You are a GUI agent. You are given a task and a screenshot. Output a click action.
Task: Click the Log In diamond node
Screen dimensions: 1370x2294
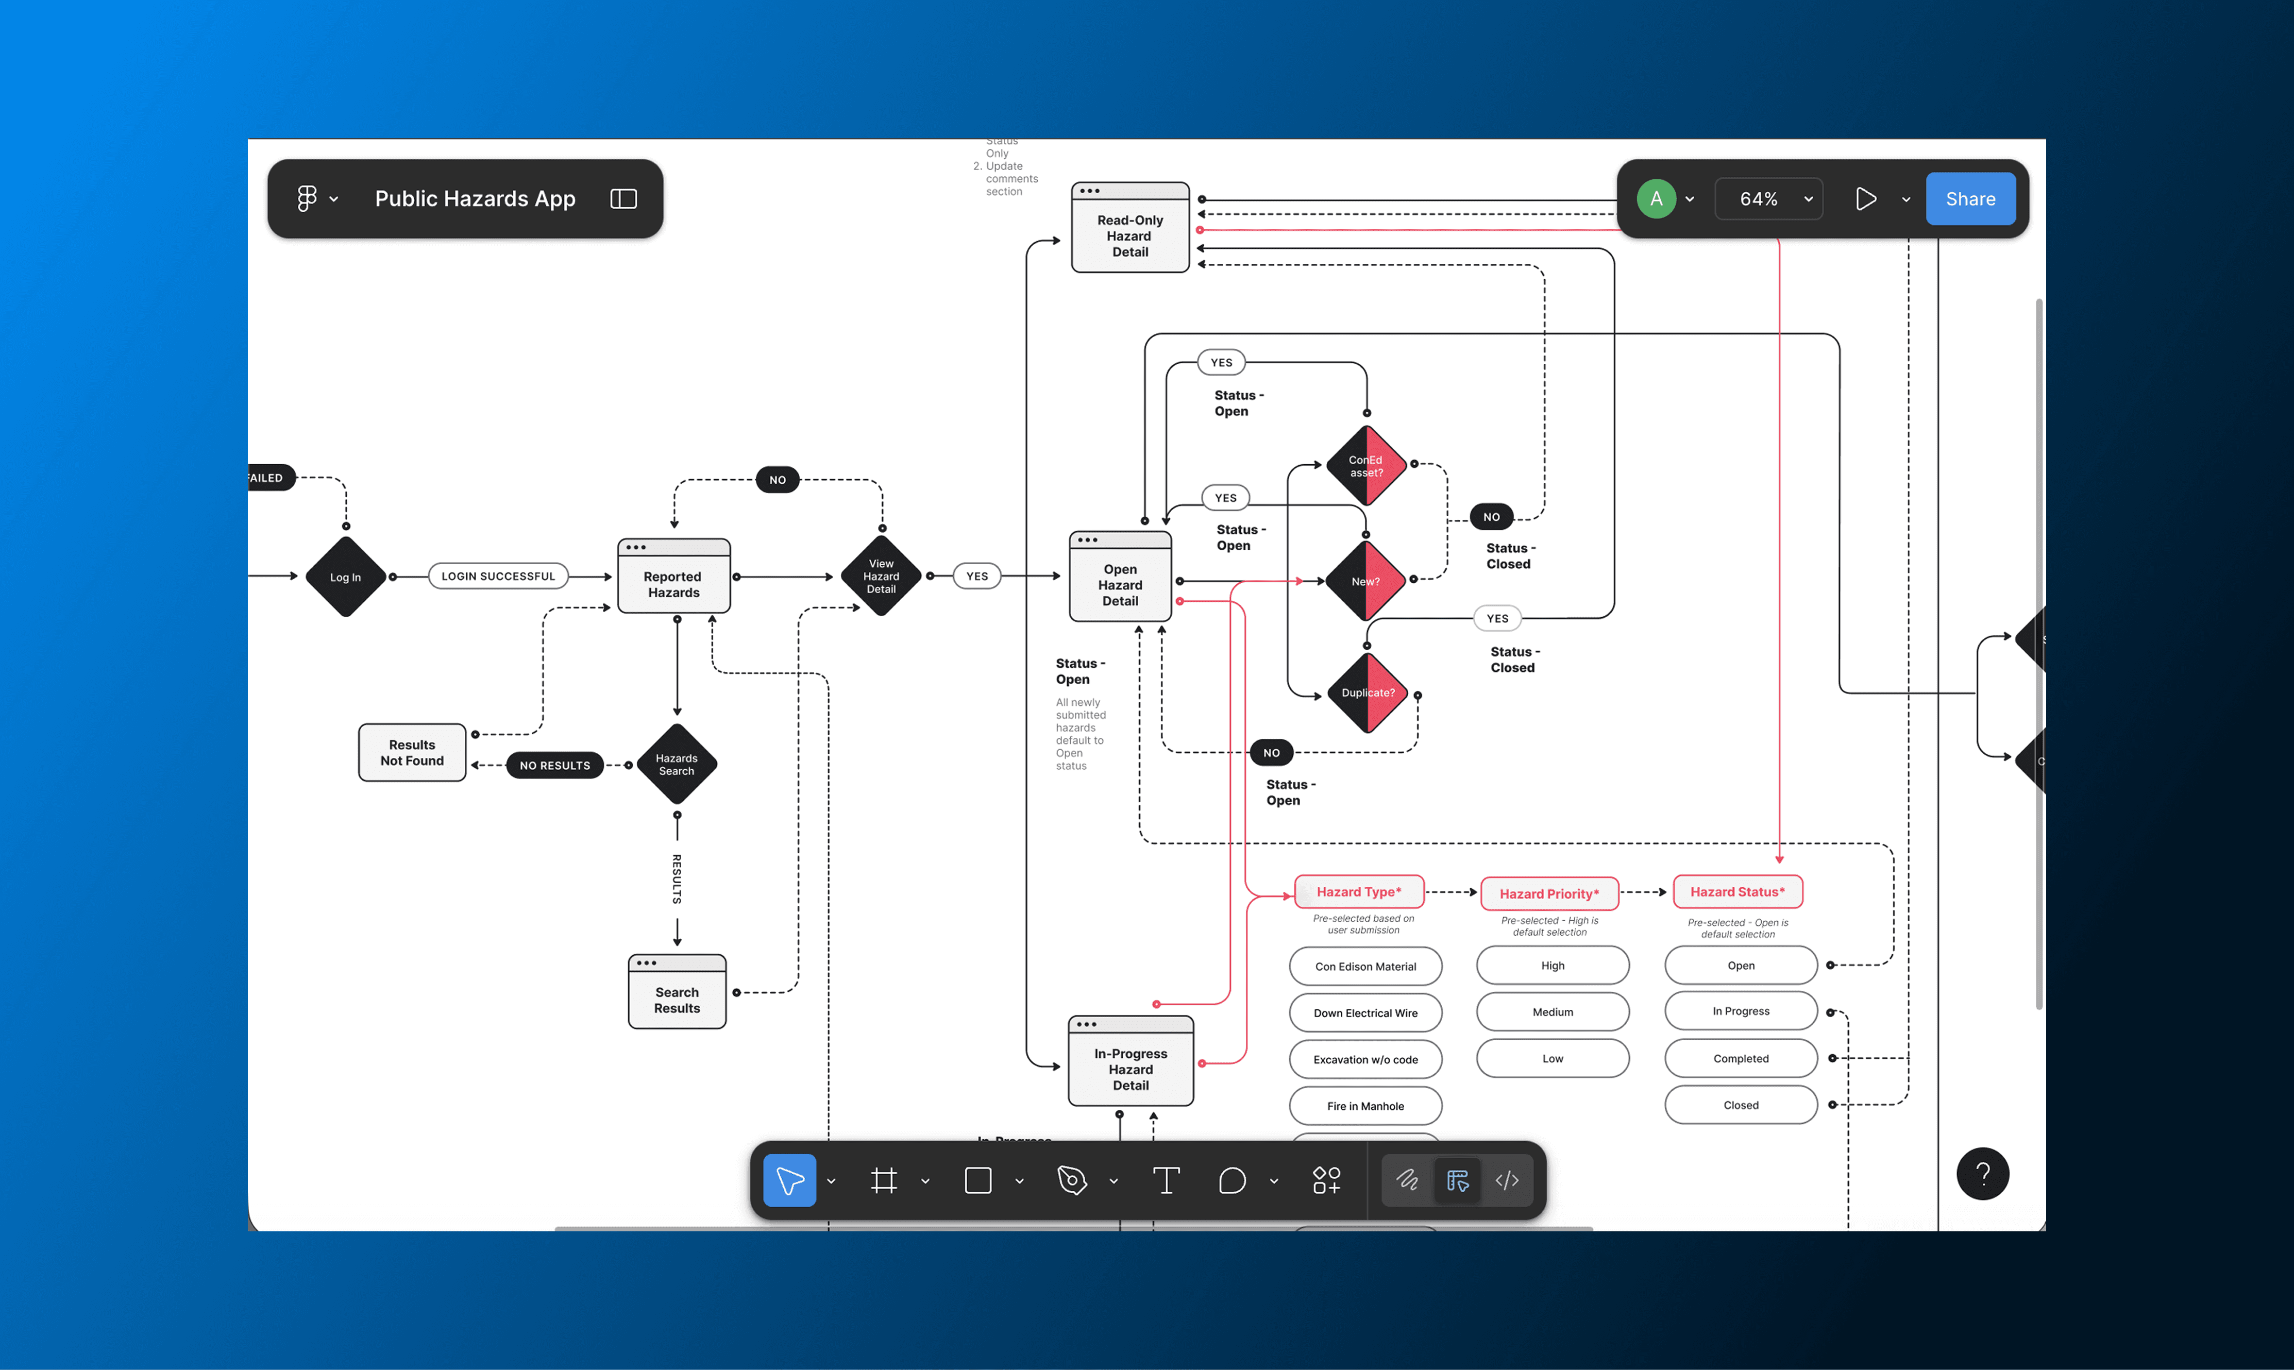click(345, 577)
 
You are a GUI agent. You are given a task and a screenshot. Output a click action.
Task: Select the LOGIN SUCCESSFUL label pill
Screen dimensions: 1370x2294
click(498, 576)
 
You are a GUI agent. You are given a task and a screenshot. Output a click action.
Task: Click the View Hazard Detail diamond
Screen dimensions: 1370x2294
click(881, 576)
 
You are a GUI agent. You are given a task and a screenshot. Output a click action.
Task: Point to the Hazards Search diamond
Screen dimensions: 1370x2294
click(677, 765)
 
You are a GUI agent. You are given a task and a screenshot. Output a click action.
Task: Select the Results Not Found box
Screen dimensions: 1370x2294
click(412, 752)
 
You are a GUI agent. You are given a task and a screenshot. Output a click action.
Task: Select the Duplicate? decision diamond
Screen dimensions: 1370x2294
click(1367, 692)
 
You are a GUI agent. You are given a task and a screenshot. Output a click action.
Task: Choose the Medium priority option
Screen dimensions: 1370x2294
click(1552, 1012)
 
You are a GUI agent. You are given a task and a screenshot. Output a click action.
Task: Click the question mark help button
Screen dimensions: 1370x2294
click(1982, 1173)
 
